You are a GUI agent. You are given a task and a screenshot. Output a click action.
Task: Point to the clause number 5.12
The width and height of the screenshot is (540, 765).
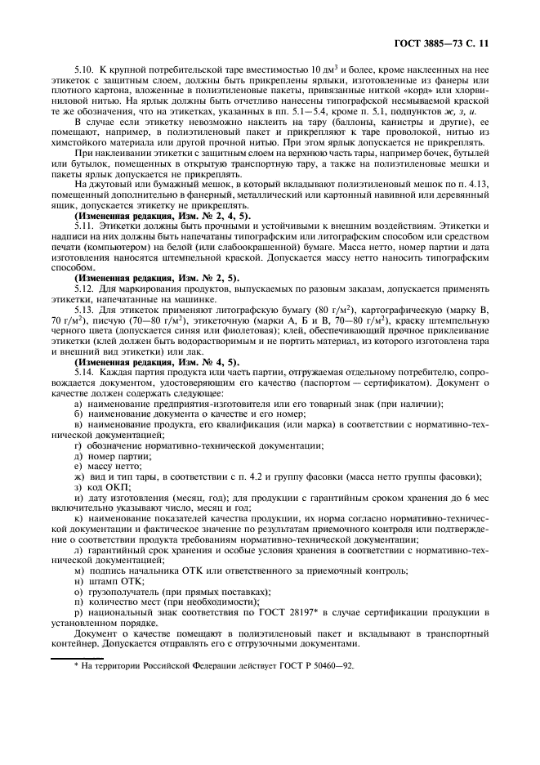[85, 288]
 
